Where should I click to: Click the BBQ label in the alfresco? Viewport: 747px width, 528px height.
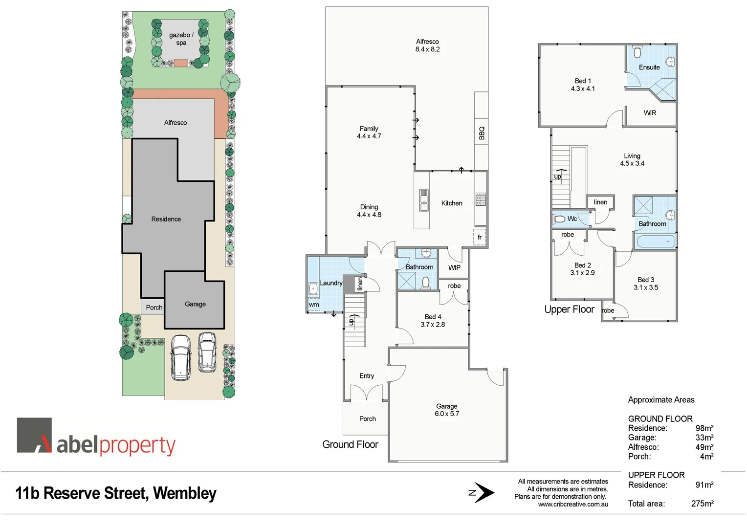tap(482, 133)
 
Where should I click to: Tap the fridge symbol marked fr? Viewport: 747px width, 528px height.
tap(480, 237)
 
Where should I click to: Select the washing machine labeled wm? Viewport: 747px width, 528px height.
tap(314, 305)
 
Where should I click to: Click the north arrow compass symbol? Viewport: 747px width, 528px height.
tap(483, 493)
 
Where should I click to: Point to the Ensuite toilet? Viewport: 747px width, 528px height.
tap(637, 52)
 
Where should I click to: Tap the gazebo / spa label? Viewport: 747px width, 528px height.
tap(181, 39)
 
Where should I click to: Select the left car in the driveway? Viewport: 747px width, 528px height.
tap(180, 357)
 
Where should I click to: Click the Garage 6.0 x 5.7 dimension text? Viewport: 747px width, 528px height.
tap(447, 414)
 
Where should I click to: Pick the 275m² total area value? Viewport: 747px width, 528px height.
tap(702, 504)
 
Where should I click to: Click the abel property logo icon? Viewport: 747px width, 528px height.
tap(35, 435)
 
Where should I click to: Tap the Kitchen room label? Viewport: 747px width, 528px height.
tap(451, 203)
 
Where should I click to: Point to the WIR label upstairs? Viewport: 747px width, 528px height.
tap(650, 113)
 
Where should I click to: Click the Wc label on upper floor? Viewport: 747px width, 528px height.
tap(572, 219)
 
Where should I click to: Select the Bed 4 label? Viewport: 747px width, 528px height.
tap(433, 317)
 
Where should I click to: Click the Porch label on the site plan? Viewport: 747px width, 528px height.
tap(154, 308)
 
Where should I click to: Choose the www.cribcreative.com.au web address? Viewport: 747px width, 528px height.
tap(573, 504)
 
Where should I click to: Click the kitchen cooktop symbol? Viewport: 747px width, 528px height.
tap(481, 199)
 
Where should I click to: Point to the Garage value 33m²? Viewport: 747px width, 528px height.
tap(704, 438)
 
